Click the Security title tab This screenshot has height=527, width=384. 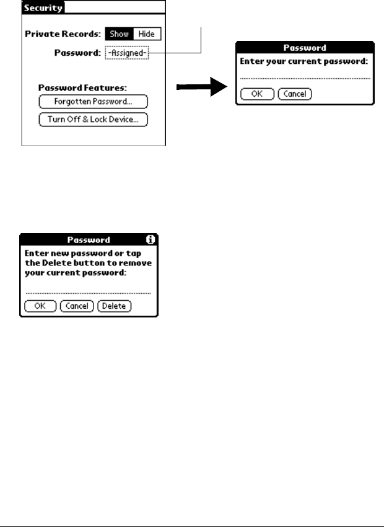[x=43, y=8]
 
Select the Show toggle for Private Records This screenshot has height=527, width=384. [x=120, y=34]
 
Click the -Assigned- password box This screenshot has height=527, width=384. [x=127, y=53]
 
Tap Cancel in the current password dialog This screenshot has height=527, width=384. [x=295, y=95]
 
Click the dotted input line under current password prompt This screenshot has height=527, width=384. [x=306, y=79]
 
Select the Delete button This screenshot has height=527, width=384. [x=114, y=306]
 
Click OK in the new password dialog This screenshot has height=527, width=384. [x=40, y=306]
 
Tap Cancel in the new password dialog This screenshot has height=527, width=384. [x=77, y=306]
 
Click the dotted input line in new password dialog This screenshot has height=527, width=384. [x=88, y=291]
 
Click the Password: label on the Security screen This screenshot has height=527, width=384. [x=77, y=53]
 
